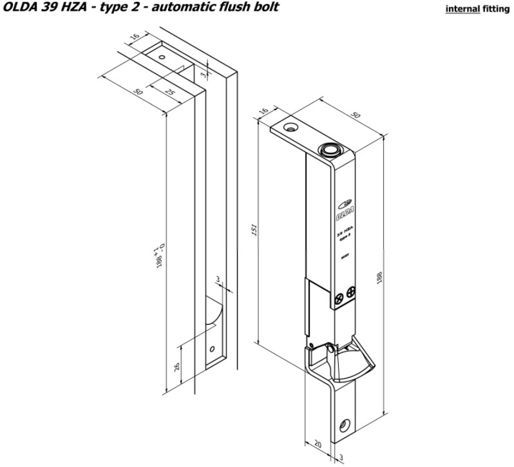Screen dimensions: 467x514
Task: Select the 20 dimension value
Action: coord(318,445)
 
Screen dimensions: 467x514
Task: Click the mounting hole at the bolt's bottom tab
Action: coord(347,424)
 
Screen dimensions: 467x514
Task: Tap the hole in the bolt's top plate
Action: coord(291,128)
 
